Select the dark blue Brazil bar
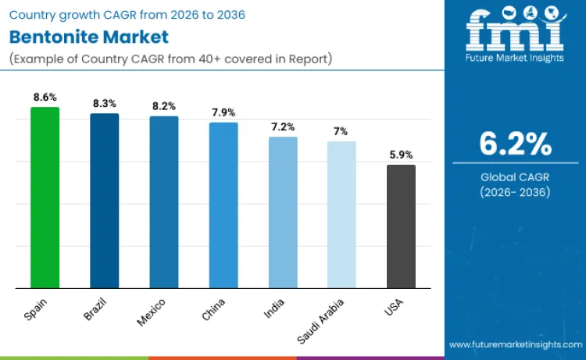click(x=104, y=201)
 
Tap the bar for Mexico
click(x=163, y=202)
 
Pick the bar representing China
click(x=223, y=205)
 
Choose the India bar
click(x=283, y=212)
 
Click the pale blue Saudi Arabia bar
click(x=341, y=215)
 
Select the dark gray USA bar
click(x=401, y=226)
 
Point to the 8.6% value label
click(x=45, y=97)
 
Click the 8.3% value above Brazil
click(x=104, y=103)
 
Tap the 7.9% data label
click(x=223, y=112)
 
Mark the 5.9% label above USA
click(x=401, y=155)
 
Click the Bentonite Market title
click(x=88, y=37)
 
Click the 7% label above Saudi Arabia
click(x=341, y=131)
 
